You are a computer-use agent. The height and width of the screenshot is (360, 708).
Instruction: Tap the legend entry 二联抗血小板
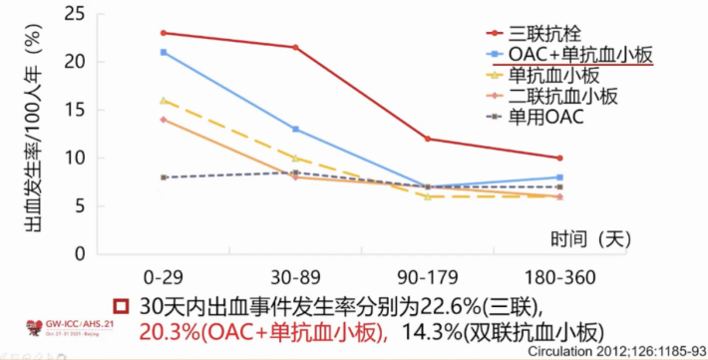[x=563, y=97]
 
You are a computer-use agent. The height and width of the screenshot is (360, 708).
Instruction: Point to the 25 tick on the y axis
[x=74, y=14]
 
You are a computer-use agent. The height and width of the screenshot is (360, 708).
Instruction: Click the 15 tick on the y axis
[x=74, y=110]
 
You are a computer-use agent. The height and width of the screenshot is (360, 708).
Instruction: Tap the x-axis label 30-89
[x=294, y=274]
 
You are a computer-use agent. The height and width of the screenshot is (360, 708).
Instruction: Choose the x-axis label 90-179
[x=427, y=274]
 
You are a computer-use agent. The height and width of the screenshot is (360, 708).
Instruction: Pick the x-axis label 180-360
[x=559, y=274]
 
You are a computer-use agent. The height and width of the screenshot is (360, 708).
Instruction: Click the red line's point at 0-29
[x=162, y=33]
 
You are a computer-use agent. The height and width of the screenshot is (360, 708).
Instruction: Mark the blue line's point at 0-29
[x=162, y=52]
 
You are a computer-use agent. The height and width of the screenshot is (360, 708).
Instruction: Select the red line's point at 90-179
[x=427, y=139]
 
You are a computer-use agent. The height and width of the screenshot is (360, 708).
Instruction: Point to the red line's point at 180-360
[x=560, y=158]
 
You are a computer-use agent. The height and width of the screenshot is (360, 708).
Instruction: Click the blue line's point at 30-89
[x=294, y=129]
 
